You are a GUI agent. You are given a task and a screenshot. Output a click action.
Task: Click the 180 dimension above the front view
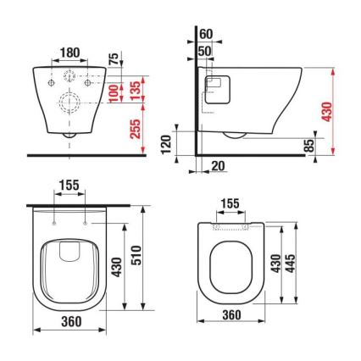point(70,53)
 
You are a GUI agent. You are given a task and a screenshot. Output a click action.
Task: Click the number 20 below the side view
point(219,166)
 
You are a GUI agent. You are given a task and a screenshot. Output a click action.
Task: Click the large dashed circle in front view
point(69,107)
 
